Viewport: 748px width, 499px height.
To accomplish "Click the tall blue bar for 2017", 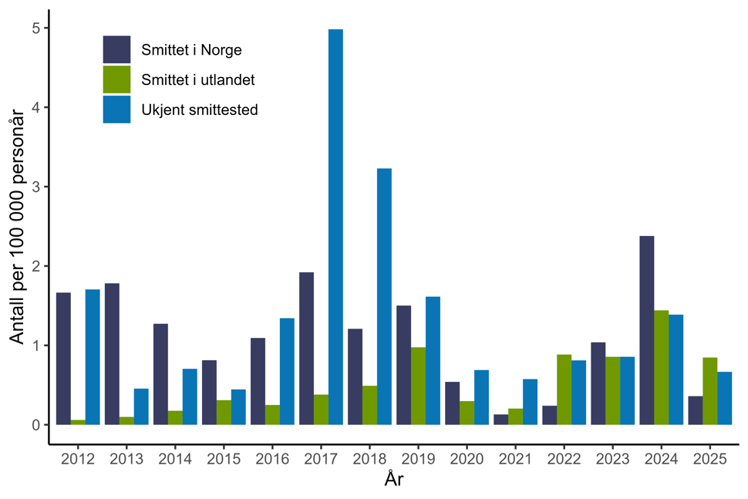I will click(335, 227).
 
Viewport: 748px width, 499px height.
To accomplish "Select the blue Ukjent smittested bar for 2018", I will click(384, 296).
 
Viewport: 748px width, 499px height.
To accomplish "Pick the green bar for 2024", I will click(661, 367).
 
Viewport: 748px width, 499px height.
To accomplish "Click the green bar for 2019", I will click(418, 386).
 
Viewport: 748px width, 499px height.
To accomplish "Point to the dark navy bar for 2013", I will click(112, 354).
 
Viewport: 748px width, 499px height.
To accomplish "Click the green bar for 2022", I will click(564, 389).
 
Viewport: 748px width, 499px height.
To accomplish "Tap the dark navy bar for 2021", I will click(500, 420).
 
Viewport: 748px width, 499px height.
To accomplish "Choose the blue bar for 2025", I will click(724, 398).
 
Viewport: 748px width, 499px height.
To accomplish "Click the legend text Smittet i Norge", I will click(191, 51).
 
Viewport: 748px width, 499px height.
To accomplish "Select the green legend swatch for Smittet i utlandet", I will click(116, 79).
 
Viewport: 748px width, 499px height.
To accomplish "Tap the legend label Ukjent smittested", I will click(199, 110).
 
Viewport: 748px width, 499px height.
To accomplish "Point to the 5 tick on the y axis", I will click(36, 29).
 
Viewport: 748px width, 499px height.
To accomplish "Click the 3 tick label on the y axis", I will click(36, 187).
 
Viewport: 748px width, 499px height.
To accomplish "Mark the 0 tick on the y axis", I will click(36, 425).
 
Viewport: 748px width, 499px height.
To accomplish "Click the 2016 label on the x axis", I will click(272, 459).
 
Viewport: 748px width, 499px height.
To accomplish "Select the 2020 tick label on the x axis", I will click(467, 459).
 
